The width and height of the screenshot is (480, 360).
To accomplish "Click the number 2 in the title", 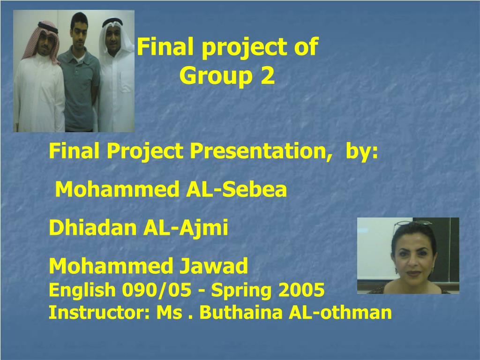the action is (x=268, y=75).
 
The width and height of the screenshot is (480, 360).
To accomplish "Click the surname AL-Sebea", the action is (x=236, y=189).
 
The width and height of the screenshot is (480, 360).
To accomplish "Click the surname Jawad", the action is (x=213, y=265).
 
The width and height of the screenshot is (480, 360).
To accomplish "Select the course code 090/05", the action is (x=157, y=290).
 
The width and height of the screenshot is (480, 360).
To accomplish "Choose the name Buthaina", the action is (x=241, y=312).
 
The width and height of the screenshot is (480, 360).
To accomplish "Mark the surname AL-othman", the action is (x=340, y=312).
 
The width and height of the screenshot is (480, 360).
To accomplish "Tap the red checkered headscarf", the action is (x=41, y=40).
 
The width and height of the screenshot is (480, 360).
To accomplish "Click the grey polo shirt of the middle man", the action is (x=79, y=89).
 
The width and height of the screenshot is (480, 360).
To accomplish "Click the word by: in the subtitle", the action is (x=361, y=151).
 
